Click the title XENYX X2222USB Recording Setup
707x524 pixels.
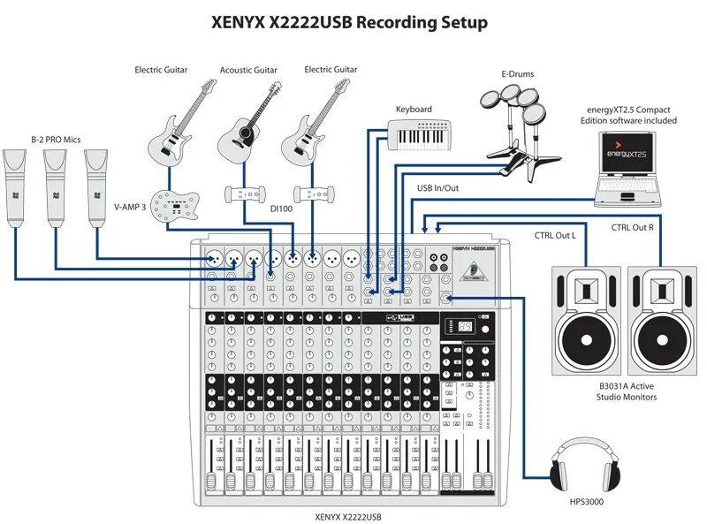coord(348,22)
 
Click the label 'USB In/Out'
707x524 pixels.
coord(437,188)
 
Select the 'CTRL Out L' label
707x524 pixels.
coord(554,234)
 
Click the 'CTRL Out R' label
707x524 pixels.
coord(632,227)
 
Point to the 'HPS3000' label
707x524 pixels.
coord(587,502)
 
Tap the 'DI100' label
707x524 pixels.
coord(281,209)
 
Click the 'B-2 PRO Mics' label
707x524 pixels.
coord(56,139)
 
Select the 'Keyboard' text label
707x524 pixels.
coord(414,109)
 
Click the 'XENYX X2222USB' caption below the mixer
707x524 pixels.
coord(348,516)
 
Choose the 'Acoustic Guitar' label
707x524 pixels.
coord(248,70)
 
